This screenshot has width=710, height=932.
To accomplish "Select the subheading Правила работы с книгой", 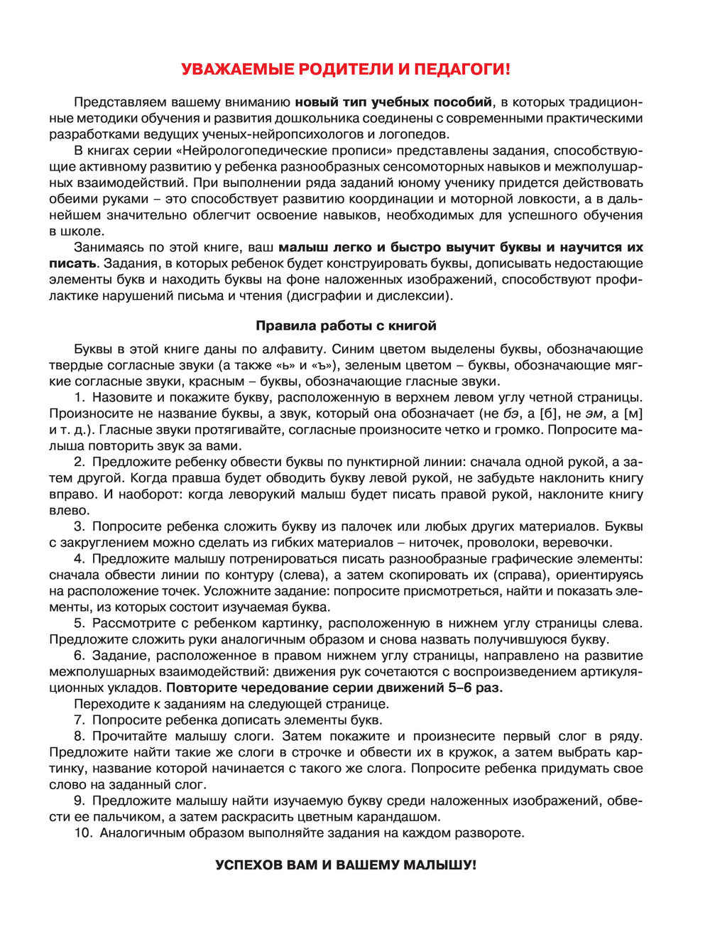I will pyautogui.click(x=346, y=326).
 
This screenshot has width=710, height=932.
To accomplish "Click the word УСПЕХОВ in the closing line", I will pyautogui.click(x=250, y=865).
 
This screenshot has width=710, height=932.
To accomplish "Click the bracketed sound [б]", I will pyautogui.click(x=550, y=414).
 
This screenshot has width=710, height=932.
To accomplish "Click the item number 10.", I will pyautogui.click(x=83, y=833).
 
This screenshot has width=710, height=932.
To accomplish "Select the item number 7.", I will pyautogui.click(x=79, y=720).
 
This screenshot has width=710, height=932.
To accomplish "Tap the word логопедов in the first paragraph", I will pyautogui.click(x=417, y=134).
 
